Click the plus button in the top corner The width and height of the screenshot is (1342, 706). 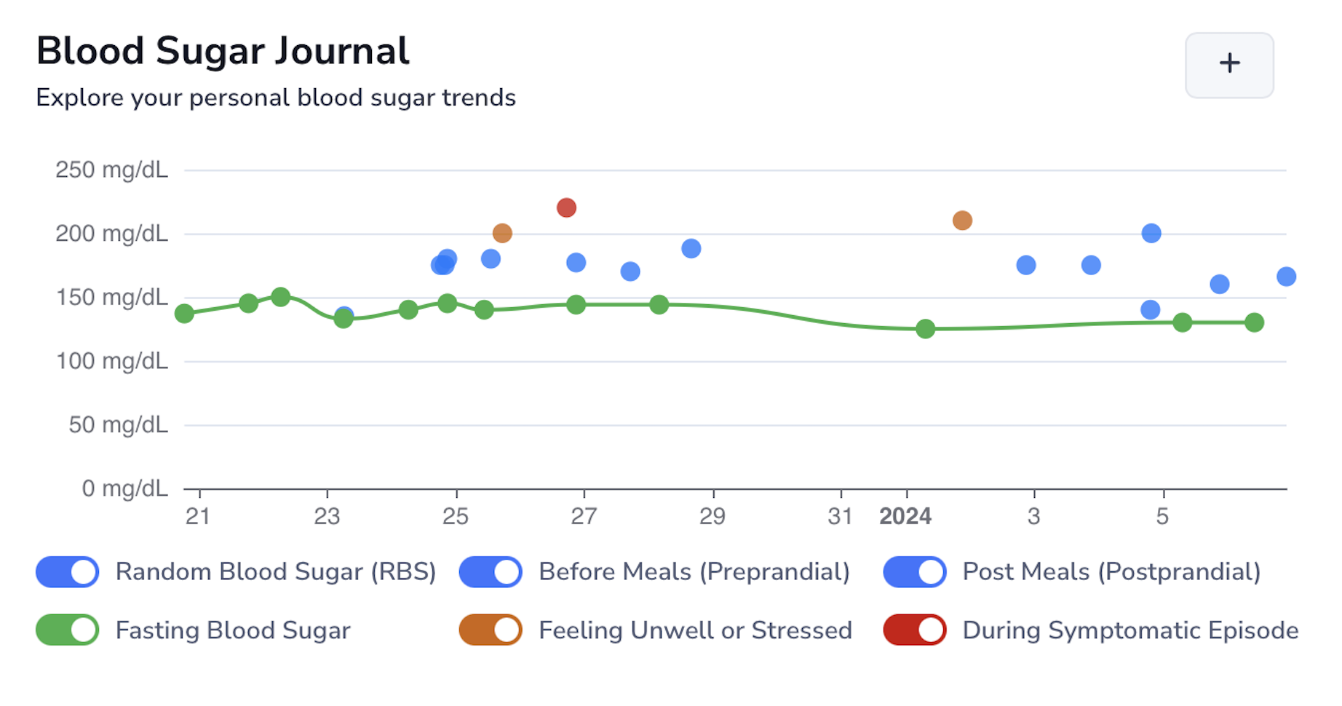[x=1228, y=64]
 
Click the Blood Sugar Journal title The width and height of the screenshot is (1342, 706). [x=223, y=51]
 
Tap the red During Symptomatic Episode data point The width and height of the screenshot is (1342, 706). [x=566, y=208]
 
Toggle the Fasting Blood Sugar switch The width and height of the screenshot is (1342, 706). [x=68, y=630]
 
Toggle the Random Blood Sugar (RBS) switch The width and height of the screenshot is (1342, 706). [x=68, y=571]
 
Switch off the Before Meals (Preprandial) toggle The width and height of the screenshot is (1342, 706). [x=491, y=571]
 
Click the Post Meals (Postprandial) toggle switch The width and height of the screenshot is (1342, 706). [x=915, y=571]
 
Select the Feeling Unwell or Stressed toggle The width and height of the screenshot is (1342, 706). [x=491, y=630]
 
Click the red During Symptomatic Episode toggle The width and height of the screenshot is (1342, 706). [x=915, y=630]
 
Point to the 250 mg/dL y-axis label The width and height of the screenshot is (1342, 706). [x=111, y=170]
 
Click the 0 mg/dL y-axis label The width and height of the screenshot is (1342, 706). [x=124, y=488]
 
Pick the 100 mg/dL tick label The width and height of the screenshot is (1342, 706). [x=111, y=361]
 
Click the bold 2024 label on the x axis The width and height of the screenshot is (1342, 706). [x=905, y=517]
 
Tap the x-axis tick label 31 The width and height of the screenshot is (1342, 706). [x=840, y=517]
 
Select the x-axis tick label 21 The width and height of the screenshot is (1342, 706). [x=198, y=517]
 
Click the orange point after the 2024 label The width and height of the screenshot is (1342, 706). [x=962, y=221]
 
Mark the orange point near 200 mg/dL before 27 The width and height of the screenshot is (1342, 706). [x=502, y=234]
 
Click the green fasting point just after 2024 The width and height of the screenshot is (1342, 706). [x=925, y=329]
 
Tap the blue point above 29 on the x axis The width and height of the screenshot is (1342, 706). [x=691, y=249]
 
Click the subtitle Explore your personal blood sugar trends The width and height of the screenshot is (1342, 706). [x=276, y=98]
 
